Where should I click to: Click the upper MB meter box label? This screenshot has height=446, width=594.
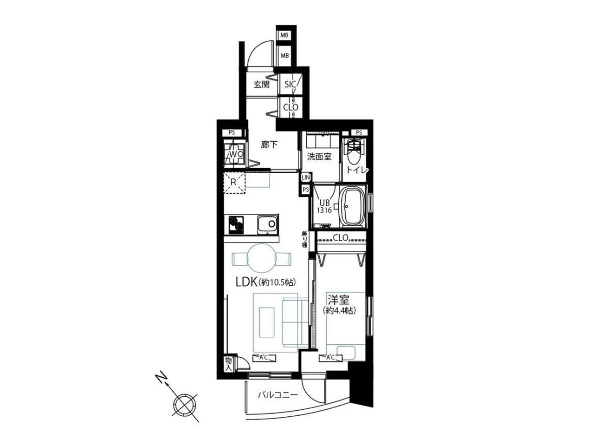tap(284, 35)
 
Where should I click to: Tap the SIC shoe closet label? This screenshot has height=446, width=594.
tap(291, 84)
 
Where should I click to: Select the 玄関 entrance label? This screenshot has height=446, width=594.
tap(261, 85)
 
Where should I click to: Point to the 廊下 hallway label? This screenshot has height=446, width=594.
tap(269, 144)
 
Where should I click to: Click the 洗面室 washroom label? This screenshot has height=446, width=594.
tap(319, 157)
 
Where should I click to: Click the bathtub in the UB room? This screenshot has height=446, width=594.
tap(352, 207)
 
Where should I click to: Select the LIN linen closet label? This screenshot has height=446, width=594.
tap(306, 177)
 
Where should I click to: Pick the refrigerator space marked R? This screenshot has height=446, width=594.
tap(234, 183)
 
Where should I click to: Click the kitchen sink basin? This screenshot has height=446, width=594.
tap(267, 224)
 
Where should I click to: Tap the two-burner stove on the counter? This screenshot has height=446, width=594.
tap(236, 224)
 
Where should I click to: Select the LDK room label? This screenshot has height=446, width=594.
tap(246, 282)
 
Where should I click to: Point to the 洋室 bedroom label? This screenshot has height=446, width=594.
tap(338, 300)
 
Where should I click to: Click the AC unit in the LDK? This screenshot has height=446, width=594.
tap(265, 358)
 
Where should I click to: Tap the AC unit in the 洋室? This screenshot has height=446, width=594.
tap(331, 358)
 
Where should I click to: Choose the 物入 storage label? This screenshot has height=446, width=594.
tap(229, 364)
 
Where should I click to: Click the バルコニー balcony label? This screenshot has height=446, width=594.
tap(278, 394)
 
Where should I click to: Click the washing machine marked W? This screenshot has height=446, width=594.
tap(234, 154)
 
